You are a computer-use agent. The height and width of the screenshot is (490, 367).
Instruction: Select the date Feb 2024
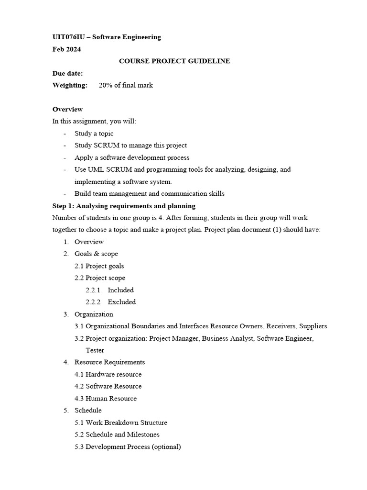[66, 49]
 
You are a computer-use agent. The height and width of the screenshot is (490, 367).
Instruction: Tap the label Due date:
[67, 73]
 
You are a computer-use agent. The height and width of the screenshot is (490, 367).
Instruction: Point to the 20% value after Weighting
[105, 85]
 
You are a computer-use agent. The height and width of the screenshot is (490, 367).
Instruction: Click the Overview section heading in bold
[67, 109]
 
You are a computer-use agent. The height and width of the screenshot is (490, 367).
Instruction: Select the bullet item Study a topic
[94, 134]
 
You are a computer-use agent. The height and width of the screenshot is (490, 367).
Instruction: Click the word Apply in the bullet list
[83, 157]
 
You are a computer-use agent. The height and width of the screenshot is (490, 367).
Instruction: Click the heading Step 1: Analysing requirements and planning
[124, 206]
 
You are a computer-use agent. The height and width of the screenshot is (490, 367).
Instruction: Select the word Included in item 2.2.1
[120, 290]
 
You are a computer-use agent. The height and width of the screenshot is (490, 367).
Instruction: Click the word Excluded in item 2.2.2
[121, 302]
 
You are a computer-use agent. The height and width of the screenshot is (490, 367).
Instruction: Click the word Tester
[95, 350]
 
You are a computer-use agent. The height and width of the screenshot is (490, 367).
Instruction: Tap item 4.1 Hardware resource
[108, 374]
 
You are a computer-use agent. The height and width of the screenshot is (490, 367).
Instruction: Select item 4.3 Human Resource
[106, 399]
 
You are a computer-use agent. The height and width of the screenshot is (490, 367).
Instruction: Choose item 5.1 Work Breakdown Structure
[121, 423]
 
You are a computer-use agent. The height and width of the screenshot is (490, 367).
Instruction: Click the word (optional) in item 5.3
[166, 447]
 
